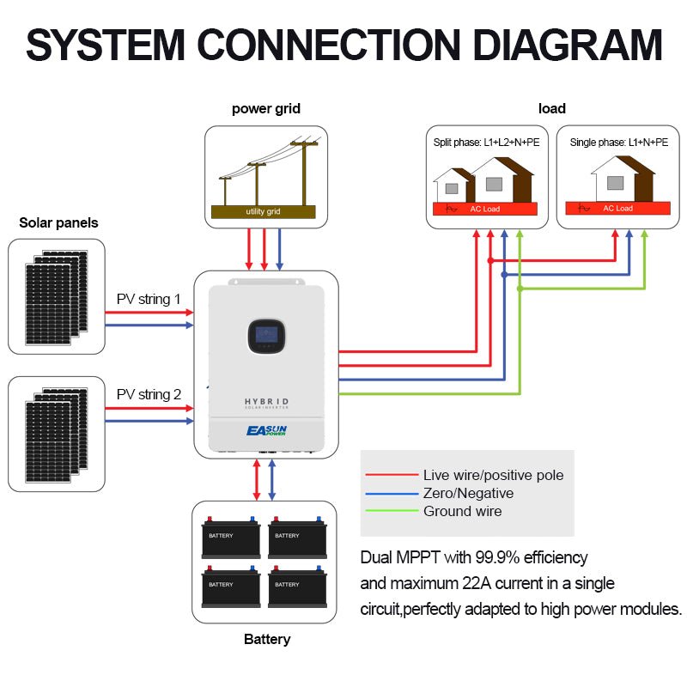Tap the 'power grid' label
[x=266, y=109]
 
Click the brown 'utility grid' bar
[x=263, y=211]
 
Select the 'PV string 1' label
[x=149, y=300]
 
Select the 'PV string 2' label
[x=149, y=394]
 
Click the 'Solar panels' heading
[x=58, y=222]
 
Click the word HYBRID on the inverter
[x=266, y=402]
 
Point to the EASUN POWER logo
[x=266, y=430]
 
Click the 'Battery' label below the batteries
[x=267, y=639]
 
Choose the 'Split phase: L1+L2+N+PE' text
[x=487, y=142]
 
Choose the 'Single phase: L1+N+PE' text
[x=618, y=142]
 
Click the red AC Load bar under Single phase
[x=617, y=208]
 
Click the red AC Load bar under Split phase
[x=485, y=209]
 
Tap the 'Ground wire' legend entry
[x=462, y=511]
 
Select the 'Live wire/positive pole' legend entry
[x=493, y=475]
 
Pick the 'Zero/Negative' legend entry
[x=468, y=493]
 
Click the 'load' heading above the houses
[x=552, y=109]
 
